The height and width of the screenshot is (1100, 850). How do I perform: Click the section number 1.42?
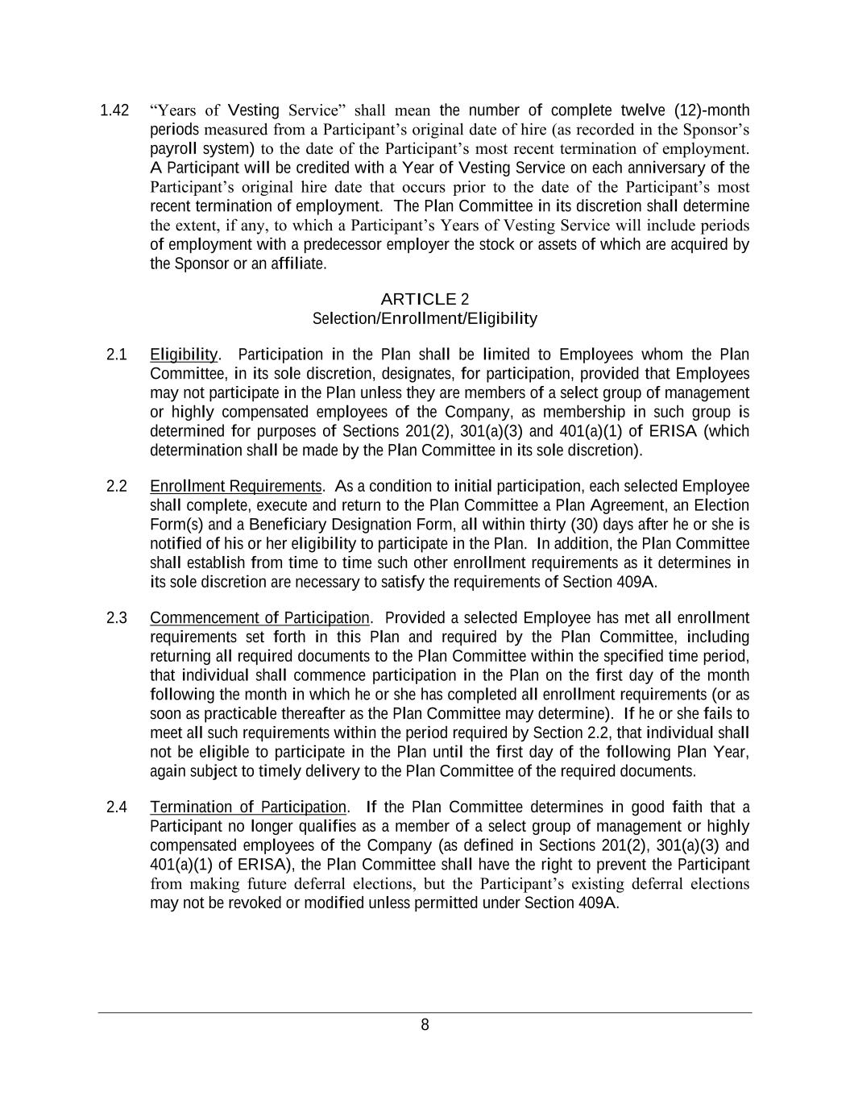click(114, 110)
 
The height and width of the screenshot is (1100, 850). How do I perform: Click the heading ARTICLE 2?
click(425, 300)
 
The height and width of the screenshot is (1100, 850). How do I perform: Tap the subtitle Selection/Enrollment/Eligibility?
click(425, 318)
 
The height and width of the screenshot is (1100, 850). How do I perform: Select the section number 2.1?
click(117, 355)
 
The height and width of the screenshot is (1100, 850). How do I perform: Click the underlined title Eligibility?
click(184, 355)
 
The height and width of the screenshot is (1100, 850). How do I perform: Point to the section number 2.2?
click(117, 486)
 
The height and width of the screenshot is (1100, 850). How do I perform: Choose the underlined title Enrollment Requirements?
click(236, 486)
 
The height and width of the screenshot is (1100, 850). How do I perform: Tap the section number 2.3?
click(117, 618)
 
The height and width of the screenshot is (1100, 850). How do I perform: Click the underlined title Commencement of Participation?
click(259, 618)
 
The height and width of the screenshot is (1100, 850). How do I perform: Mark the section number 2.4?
click(117, 807)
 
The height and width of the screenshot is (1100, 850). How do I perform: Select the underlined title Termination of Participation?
click(248, 807)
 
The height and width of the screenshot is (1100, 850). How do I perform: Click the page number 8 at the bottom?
click(425, 1025)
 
